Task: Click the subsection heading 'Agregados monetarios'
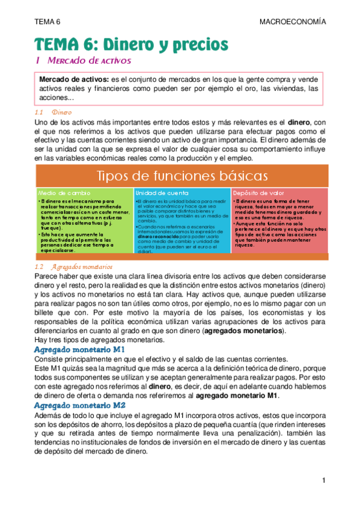(x=83, y=266)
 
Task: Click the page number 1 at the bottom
(x=322, y=481)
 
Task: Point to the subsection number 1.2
(x=40, y=266)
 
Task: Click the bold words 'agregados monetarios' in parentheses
(x=244, y=331)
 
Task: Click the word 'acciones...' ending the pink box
(x=56, y=98)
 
